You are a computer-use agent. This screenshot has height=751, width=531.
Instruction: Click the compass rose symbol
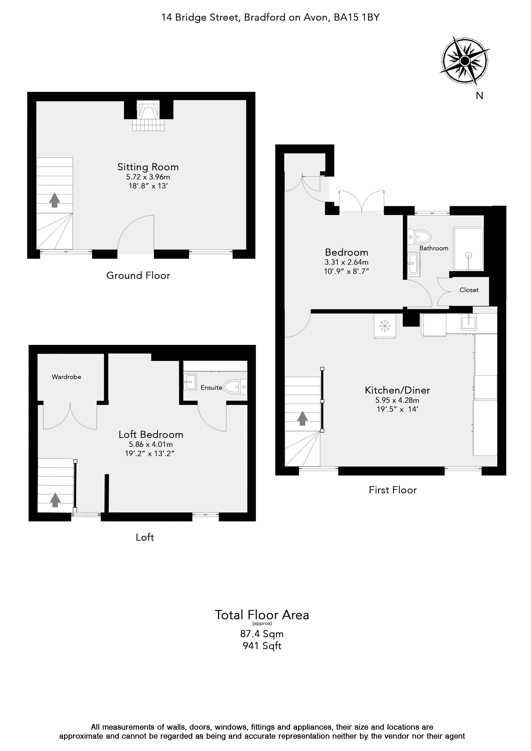(465, 61)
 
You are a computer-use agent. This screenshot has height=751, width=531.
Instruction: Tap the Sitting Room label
(148, 167)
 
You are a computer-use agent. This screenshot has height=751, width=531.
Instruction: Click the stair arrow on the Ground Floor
(54, 200)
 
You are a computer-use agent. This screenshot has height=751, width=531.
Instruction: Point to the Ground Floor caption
(138, 275)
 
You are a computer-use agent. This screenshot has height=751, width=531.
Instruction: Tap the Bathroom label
(434, 248)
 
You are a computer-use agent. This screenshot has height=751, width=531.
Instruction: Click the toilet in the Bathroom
(419, 237)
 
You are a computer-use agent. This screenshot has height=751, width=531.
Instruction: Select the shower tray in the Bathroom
(468, 249)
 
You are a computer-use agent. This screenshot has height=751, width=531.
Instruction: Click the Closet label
(469, 290)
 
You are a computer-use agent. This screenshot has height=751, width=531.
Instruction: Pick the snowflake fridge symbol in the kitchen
(385, 326)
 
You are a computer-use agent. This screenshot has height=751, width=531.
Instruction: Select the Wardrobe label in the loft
(66, 377)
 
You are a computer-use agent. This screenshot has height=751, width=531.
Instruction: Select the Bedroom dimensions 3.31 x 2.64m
(346, 262)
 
